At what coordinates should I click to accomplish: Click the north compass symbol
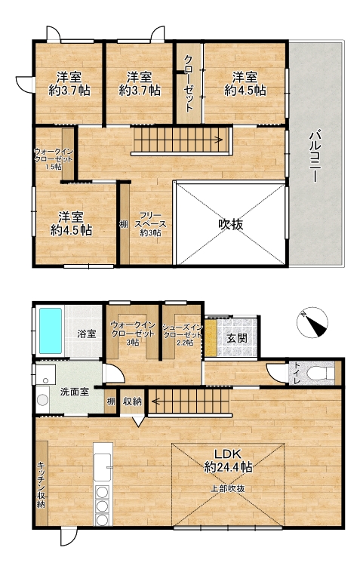pyautogui.click(x=312, y=322)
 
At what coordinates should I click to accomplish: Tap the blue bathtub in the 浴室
pyautogui.click(x=51, y=331)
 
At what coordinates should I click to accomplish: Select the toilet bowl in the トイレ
pyautogui.click(x=321, y=374)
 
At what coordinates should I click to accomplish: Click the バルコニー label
pyautogui.click(x=315, y=155)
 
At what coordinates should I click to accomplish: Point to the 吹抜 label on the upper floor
pyautogui.click(x=230, y=224)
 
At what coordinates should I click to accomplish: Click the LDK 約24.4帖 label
pyautogui.click(x=228, y=460)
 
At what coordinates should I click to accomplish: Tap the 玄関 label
pyautogui.click(x=237, y=338)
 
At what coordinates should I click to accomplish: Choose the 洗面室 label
pyautogui.click(x=75, y=392)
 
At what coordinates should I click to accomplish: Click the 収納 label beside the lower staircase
pyautogui.click(x=132, y=401)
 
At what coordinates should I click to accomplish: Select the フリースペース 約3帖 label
pyautogui.click(x=150, y=224)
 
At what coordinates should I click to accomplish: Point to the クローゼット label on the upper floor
pyautogui.click(x=188, y=84)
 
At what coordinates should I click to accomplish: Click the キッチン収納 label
pyautogui.click(x=42, y=484)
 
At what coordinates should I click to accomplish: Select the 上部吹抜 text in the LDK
pyautogui.click(x=227, y=489)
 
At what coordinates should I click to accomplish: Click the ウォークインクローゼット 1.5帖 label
pyautogui.click(x=54, y=158)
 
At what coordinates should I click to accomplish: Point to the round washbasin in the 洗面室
pyautogui.click(x=43, y=400)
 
